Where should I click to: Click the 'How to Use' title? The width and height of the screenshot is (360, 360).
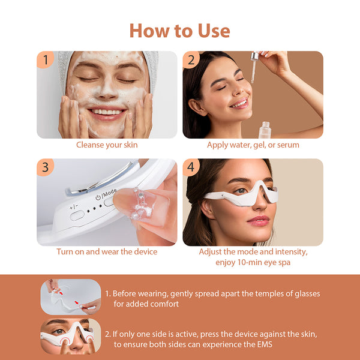(x=179, y=30)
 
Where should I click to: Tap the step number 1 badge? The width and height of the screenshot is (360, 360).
(x=44, y=59)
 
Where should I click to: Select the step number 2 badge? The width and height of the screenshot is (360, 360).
(x=190, y=59)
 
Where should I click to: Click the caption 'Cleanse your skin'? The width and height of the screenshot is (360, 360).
(x=107, y=145)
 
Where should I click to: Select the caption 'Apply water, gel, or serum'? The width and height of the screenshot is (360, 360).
(x=253, y=145)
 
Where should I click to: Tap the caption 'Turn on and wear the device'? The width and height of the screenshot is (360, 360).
(x=107, y=251)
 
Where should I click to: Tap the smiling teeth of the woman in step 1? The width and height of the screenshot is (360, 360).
(x=107, y=112)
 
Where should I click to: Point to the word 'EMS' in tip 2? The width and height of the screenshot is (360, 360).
(x=261, y=344)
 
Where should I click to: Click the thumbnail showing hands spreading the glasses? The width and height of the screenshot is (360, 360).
(x=70, y=296)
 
